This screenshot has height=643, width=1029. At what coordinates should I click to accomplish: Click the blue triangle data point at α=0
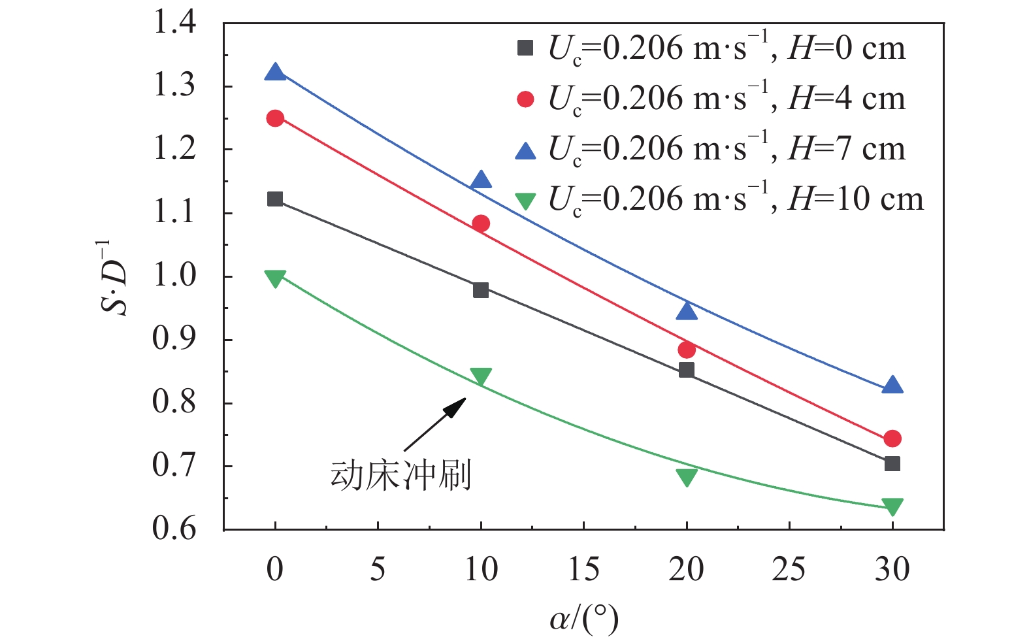[275, 73]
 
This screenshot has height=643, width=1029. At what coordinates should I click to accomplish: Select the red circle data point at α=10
[481, 224]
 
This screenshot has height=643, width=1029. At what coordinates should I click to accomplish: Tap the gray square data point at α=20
[686, 370]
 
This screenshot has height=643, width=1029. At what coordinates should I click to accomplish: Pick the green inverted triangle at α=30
[892, 506]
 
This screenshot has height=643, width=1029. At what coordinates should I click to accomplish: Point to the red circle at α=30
[892, 438]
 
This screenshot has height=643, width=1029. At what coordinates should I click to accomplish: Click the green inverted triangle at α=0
[275, 278]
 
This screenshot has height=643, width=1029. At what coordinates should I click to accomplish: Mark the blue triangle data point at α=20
[686, 312]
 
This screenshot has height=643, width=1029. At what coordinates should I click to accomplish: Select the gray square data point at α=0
[275, 199]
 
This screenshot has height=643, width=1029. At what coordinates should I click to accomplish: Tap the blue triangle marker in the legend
[525, 151]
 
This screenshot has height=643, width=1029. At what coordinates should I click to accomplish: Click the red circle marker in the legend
[525, 99]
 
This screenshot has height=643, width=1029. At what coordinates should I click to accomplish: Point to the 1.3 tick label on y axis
[174, 86]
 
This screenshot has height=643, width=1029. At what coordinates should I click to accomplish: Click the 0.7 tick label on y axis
[174, 466]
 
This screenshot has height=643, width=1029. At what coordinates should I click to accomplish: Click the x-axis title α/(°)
[583, 618]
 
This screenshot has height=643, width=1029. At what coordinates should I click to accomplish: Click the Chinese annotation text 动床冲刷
[400, 476]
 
